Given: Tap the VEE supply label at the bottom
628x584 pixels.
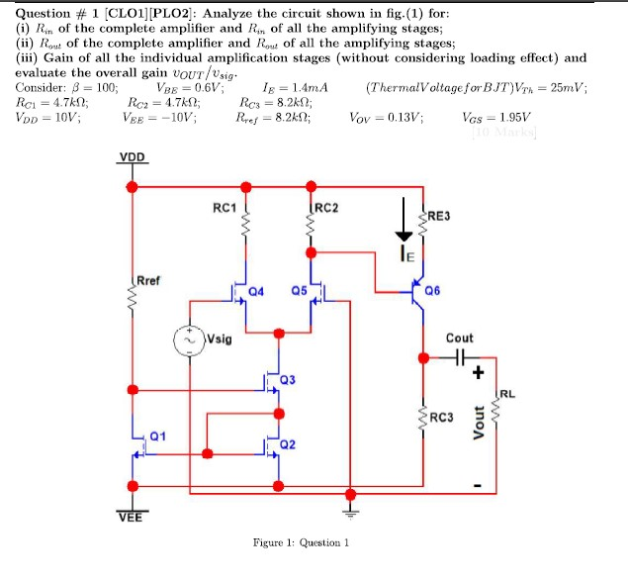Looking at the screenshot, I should (130, 515).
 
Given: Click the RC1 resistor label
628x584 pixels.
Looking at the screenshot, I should (224, 208).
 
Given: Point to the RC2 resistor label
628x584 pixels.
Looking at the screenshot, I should (326, 208).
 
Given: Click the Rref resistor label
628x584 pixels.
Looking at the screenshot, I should (150, 280).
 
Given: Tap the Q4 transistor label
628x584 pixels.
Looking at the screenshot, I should (257, 292).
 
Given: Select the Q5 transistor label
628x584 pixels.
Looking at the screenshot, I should (299, 292).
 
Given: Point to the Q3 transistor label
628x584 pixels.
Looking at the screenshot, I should (288, 380).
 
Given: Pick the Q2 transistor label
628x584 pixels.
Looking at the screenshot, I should (288, 444).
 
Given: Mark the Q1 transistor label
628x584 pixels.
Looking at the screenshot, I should (158, 436).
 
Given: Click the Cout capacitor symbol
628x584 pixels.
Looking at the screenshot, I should (460, 357).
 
